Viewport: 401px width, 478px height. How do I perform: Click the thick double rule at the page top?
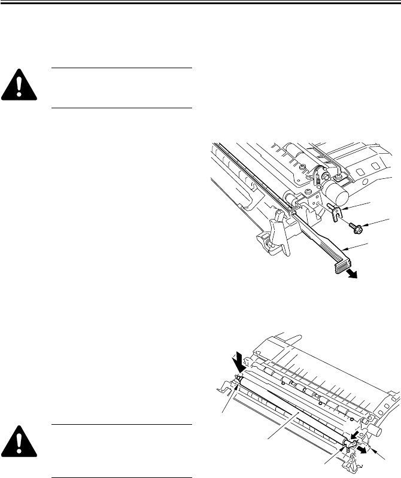pyautogui.click(x=200, y=3)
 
